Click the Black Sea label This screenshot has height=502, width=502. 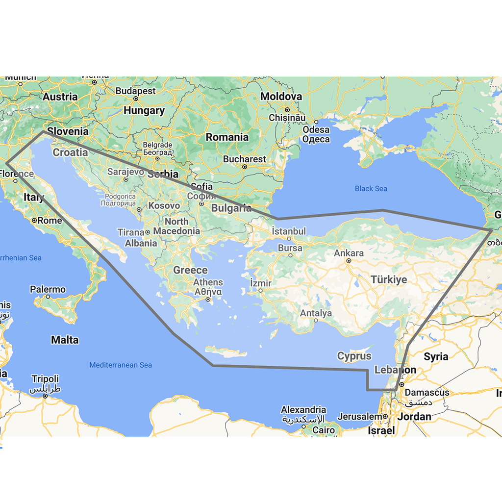(371, 189)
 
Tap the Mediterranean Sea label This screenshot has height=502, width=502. (121, 365)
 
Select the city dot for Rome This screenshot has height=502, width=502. (34, 221)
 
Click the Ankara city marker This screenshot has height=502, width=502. (349, 261)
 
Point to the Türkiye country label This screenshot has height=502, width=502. (389, 280)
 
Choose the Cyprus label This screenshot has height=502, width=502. (354, 356)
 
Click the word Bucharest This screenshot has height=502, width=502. (244, 159)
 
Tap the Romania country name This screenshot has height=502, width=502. (227, 137)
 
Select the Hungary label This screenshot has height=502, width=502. (144, 111)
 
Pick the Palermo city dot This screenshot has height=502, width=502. (48, 296)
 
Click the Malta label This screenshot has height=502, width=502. (65, 340)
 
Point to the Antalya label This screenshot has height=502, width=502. (316, 313)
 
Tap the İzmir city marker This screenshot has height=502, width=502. (261, 290)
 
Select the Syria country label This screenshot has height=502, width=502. (436, 356)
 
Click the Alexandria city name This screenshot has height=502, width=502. (303, 410)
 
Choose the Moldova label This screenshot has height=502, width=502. (281, 97)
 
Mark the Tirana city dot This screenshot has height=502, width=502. (148, 232)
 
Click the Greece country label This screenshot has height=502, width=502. (190, 270)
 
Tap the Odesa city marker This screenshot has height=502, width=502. (316, 122)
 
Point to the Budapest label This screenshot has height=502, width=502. (136, 91)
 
